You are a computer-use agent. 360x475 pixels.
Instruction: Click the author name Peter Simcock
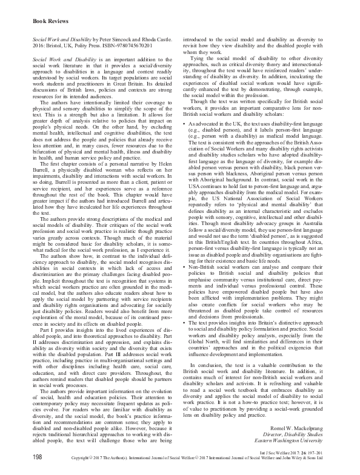coord(116,36)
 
